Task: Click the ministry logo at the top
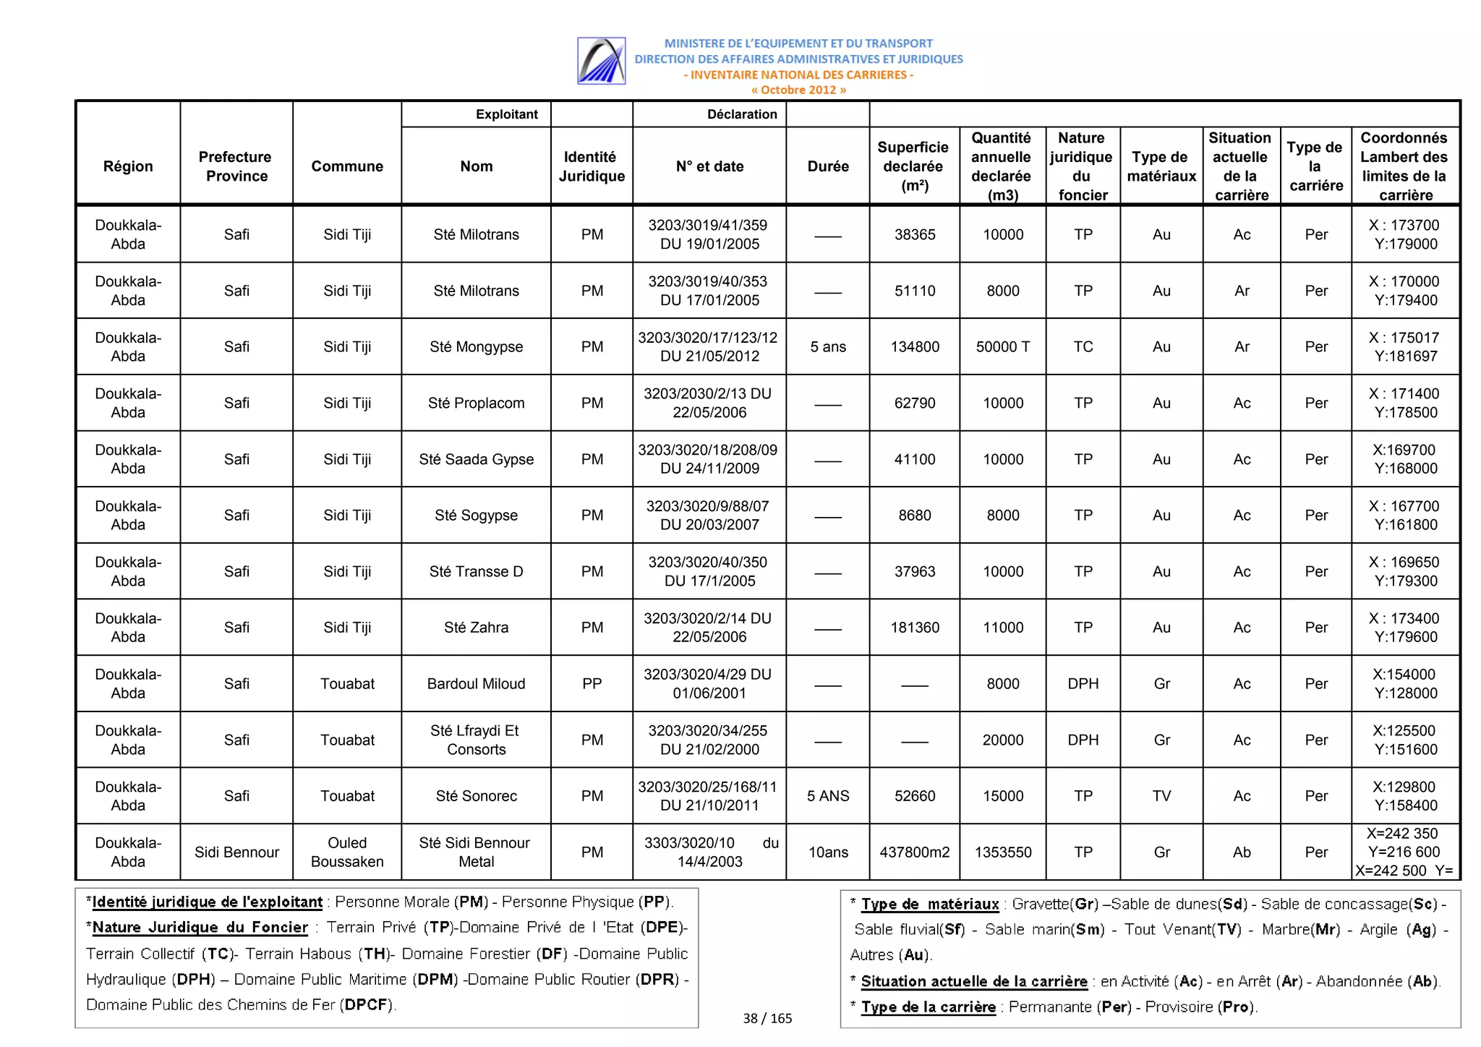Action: click(601, 61)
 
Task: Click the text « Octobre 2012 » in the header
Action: click(798, 90)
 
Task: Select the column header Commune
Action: click(347, 166)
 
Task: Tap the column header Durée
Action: click(828, 166)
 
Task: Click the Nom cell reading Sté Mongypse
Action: click(476, 347)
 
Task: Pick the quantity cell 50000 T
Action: click(1003, 347)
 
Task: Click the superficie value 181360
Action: click(915, 628)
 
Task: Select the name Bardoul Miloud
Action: click(476, 684)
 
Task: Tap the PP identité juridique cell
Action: click(592, 684)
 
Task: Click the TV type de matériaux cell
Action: click(1161, 796)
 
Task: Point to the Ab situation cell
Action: click(1242, 852)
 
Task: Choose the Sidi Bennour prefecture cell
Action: click(236, 852)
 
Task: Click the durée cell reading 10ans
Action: click(828, 852)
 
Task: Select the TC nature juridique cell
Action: click(1083, 347)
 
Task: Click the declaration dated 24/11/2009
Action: click(709, 460)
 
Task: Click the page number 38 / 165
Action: click(767, 1019)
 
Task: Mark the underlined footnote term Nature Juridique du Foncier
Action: click(200, 928)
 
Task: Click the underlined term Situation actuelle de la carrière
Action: click(973, 982)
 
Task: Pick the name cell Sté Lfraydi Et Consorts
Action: click(476, 740)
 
